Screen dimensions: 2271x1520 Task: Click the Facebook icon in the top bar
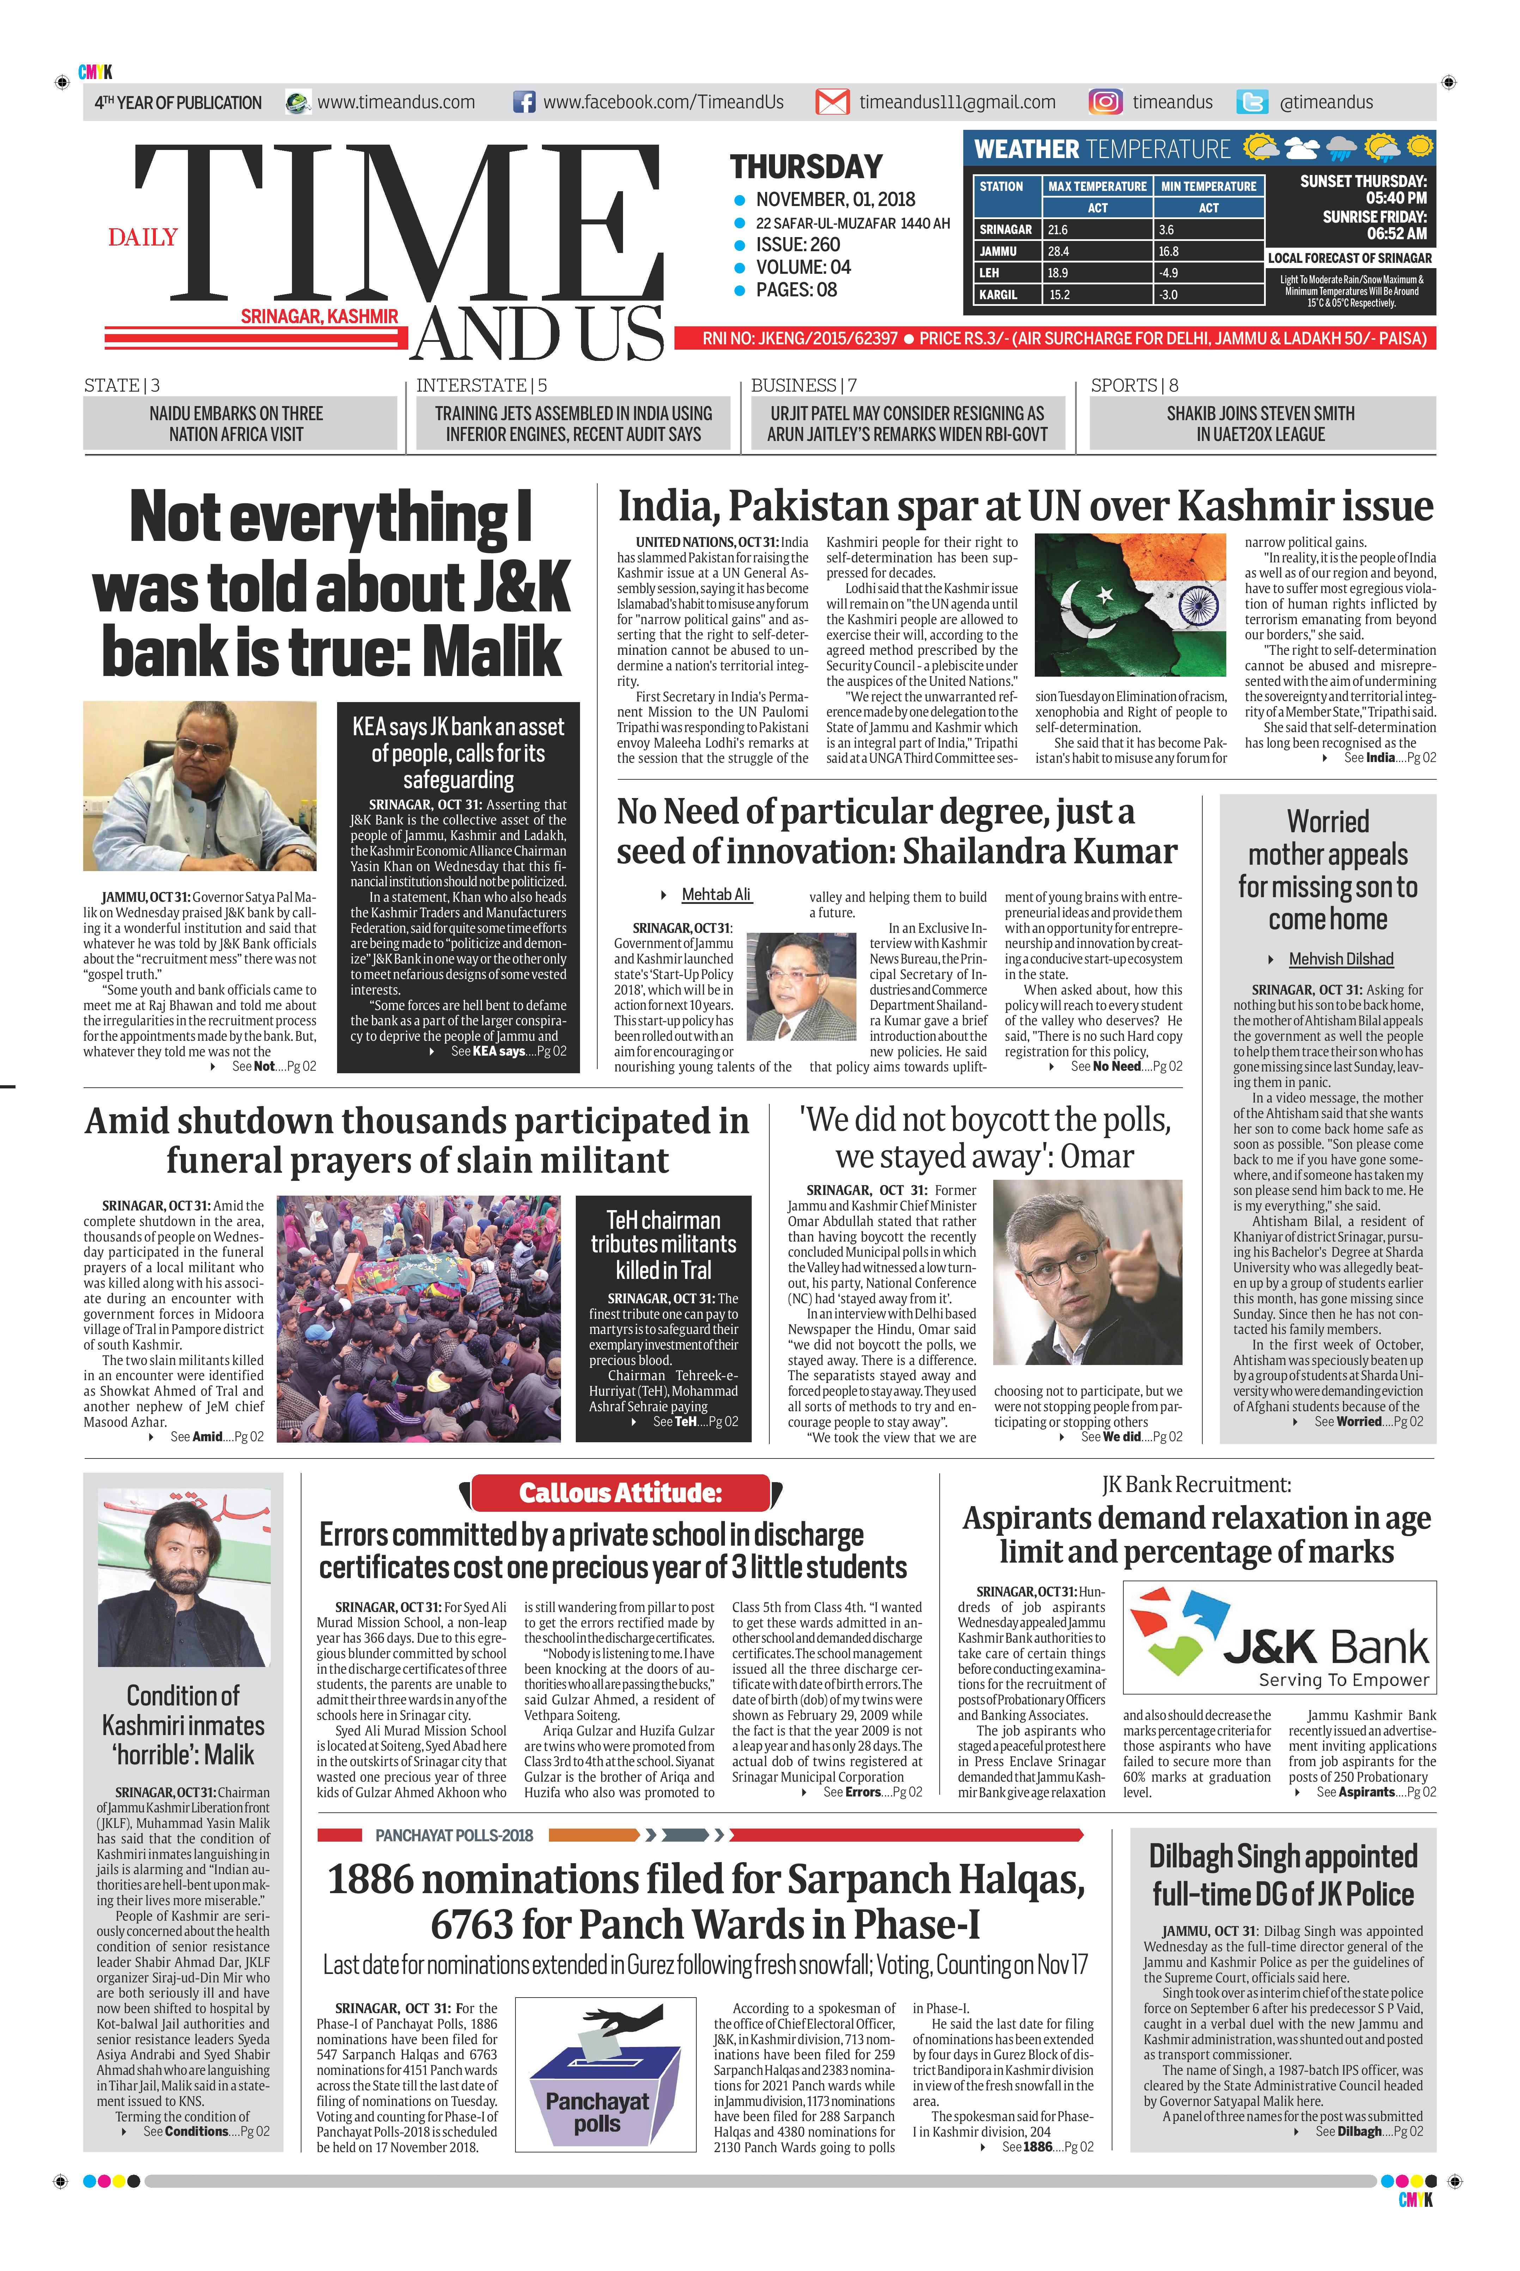[524, 102]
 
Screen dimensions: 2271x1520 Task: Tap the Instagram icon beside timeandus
[1105, 102]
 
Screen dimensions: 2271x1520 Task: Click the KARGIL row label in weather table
[999, 295]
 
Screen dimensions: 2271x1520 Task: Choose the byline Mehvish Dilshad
[1341, 959]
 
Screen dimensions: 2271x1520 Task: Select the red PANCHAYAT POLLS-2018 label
[454, 1835]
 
